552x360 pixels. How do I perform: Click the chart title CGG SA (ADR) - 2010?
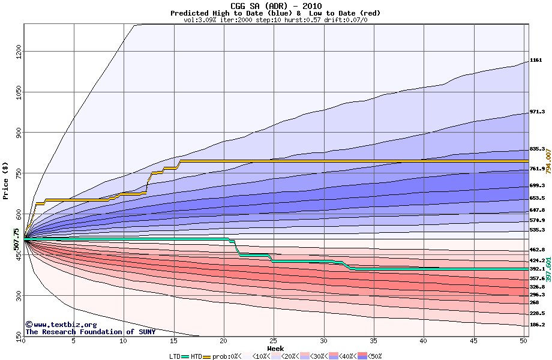pyautogui.click(x=275, y=6)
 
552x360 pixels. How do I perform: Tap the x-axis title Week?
pyautogui.click(x=275, y=349)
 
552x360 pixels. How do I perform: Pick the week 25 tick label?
pyautogui.click(x=274, y=341)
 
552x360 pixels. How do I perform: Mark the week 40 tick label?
pyautogui.click(x=424, y=341)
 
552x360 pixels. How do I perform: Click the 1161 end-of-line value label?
pyautogui.click(x=536, y=61)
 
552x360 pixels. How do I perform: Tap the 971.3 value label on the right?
pyautogui.click(x=537, y=112)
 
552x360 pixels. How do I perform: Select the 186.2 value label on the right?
pyautogui.click(x=537, y=325)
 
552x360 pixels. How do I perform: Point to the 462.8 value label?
pyautogui.click(x=537, y=250)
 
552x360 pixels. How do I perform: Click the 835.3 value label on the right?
pyautogui.click(x=537, y=149)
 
